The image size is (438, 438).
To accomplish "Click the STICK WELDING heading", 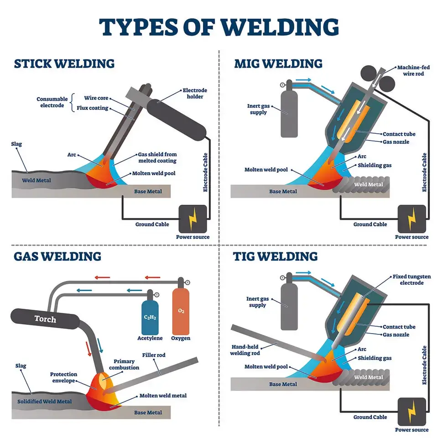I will (64, 63).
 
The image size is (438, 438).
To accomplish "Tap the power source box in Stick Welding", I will (193, 218).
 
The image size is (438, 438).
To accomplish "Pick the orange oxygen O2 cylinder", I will (181, 310).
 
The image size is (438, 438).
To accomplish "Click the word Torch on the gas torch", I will (45, 318).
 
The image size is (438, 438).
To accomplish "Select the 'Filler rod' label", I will (154, 355).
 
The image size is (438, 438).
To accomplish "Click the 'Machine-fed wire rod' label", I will (413, 70).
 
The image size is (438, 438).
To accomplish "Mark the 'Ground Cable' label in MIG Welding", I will (370, 224).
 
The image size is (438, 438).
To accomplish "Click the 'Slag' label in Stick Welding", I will (16, 144).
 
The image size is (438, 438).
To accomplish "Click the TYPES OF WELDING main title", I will (219, 27).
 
